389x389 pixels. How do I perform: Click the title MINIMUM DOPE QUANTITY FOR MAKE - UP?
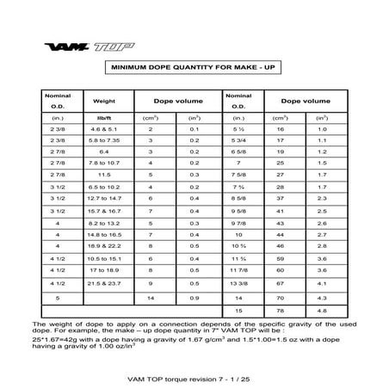[x=194, y=68]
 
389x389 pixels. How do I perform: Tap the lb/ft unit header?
[x=108, y=117]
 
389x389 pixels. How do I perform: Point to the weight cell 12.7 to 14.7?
[x=108, y=197]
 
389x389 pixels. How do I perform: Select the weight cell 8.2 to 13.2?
[x=108, y=221]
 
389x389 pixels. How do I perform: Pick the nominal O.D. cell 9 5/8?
[x=238, y=209]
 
